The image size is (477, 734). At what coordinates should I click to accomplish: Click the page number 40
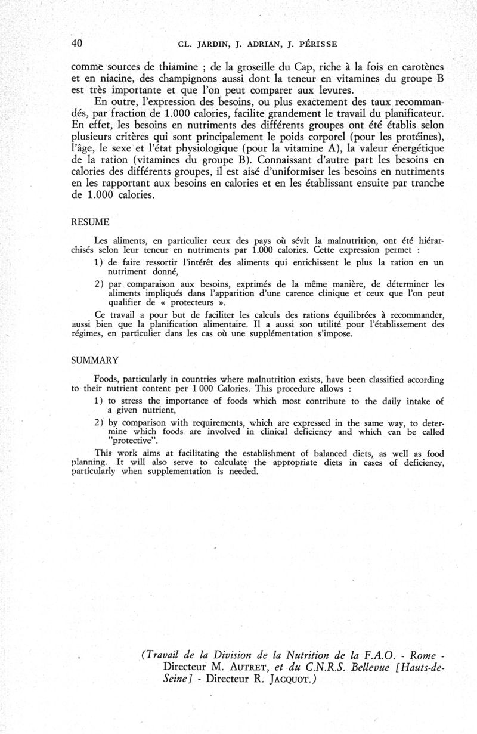(76, 43)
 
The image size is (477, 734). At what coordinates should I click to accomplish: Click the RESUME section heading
(90, 222)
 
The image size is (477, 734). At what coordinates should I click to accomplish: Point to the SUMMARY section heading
(95, 361)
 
